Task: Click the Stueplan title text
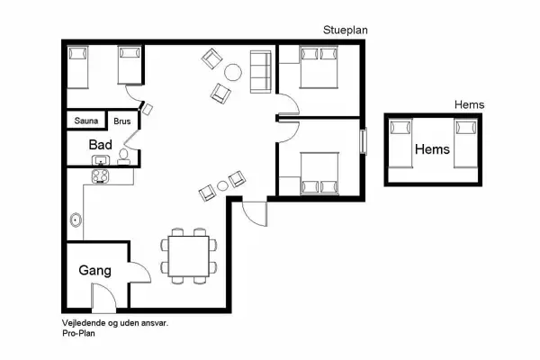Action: tap(346, 30)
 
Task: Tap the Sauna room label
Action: tap(85, 120)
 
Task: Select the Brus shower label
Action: tap(121, 120)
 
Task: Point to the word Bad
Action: tap(100, 144)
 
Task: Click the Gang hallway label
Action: tap(94, 270)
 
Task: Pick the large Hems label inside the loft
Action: tap(432, 149)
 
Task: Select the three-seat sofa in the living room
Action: tap(261, 72)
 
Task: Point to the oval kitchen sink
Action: tap(75, 219)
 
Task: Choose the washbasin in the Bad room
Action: tap(101, 161)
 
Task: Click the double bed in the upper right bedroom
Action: tap(319, 67)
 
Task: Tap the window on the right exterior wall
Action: tap(364, 142)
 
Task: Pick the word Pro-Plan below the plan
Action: tap(78, 332)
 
